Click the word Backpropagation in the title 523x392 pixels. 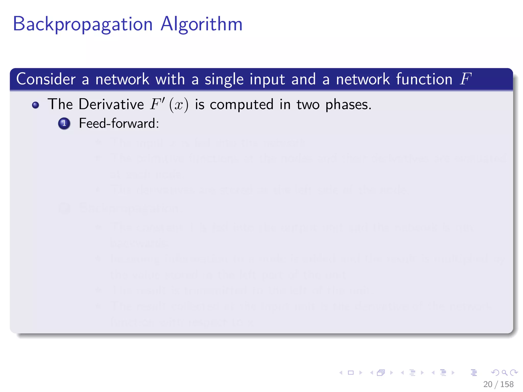click(x=82, y=24)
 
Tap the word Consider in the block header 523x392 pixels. click(x=46, y=79)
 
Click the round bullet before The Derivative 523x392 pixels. click(x=35, y=105)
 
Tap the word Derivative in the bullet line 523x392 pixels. click(x=111, y=104)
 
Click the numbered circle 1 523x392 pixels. click(x=64, y=124)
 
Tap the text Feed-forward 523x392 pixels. click(x=119, y=124)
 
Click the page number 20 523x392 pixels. click(x=488, y=384)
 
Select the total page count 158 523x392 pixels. click(x=507, y=384)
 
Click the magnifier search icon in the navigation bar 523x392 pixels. click(x=504, y=373)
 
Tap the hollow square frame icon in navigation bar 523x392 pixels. click(x=351, y=373)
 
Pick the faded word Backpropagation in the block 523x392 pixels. click(x=129, y=208)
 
